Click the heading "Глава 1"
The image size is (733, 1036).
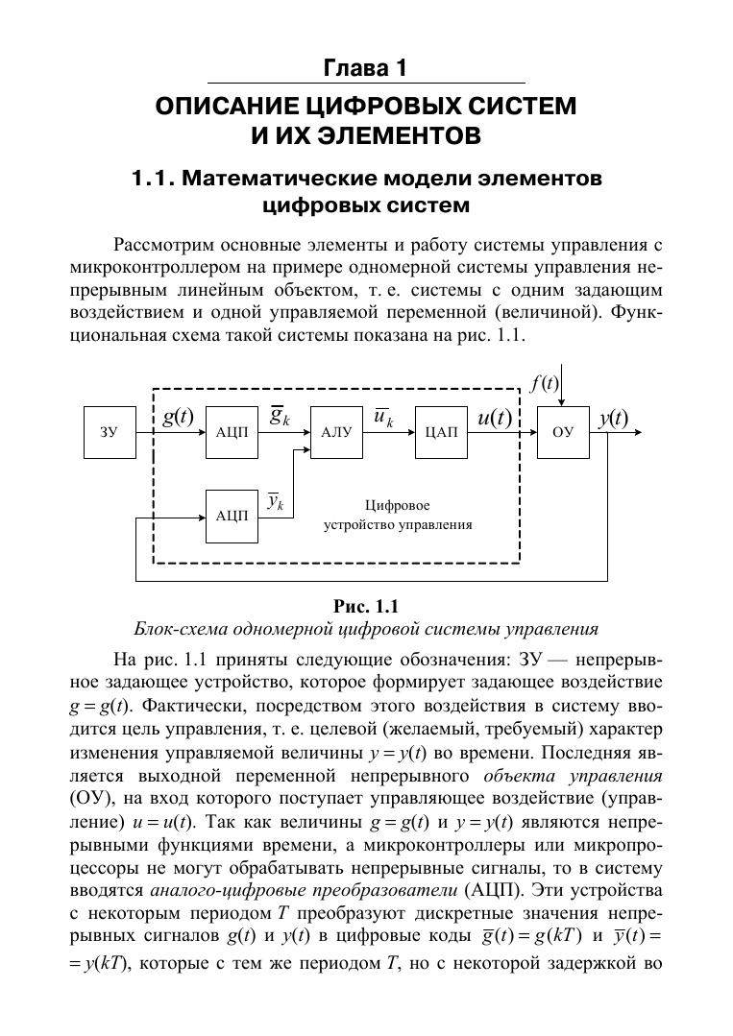coord(366,69)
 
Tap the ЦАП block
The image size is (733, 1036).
coord(441,432)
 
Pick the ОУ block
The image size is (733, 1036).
coord(563,432)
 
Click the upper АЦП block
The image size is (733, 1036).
coord(232,432)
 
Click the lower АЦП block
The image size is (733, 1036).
coord(232,516)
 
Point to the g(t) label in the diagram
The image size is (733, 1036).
coord(177,418)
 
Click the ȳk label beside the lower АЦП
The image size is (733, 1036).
coord(275,501)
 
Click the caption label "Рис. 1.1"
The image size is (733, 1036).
coord(365,606)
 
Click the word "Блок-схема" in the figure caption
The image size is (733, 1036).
coord(182,630)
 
